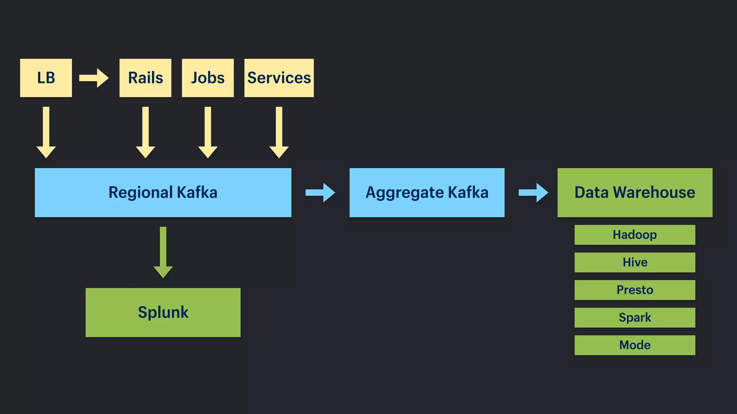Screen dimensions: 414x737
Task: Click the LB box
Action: coord(46,78)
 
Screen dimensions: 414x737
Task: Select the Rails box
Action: coord(145,78)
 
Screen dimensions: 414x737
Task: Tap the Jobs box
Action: coord(208,78)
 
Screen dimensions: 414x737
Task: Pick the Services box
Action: coord(279,78)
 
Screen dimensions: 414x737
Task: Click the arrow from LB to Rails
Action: coord(94,78)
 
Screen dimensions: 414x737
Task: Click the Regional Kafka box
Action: coord(163,193)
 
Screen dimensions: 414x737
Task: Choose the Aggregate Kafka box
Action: coord(427,193)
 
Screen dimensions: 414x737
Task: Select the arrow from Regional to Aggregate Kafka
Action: coord(320,193)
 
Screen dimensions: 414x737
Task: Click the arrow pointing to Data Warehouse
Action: coord(533,193)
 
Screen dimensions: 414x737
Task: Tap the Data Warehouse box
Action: coord(635,193)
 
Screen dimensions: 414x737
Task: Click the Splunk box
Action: coord(163,312)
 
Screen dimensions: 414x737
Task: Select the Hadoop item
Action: coord(635,235)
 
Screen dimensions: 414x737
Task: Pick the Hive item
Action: coord(635,262)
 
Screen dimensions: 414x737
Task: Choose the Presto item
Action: coord(635,290)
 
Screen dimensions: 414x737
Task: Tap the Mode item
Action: coord(635,345)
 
